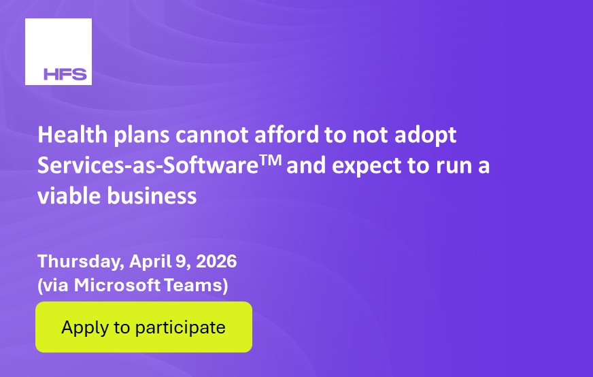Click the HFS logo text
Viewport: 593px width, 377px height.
pos(65,74)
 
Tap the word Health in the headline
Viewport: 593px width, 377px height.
pos(73,135)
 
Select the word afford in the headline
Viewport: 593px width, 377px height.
pos(287,135)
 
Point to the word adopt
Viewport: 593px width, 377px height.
pos(426,136)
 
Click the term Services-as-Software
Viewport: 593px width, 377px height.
pos(148,165)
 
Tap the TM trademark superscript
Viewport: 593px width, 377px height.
pos(271,160)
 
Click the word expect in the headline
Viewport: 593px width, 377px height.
pos(367,167)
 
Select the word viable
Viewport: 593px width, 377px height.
pos(69,196)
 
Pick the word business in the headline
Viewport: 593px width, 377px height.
pos(152,196)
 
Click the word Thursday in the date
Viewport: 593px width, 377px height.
pos(81,261)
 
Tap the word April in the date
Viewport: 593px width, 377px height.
pos(150,262)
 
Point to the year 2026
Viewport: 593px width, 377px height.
pos(217,261)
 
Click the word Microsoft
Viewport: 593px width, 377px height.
pos(117,285)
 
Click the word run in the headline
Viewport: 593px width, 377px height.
pos(452,167)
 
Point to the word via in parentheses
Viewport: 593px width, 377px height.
pos(56,285)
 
